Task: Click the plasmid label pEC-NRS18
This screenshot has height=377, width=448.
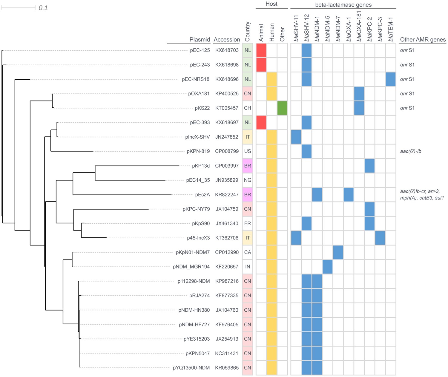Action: [x=196, y=79]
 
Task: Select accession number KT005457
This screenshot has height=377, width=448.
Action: [x=227, y=108]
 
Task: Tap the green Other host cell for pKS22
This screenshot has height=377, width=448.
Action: [x=282, y=108]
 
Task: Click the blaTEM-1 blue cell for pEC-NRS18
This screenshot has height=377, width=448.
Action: [x=391, y=79]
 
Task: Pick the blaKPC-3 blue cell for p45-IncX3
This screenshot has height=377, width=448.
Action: [x=380, y=238]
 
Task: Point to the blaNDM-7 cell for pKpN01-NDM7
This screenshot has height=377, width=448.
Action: [x=338, y=252]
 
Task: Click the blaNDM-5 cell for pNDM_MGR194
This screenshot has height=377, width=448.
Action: [x=328, y=267]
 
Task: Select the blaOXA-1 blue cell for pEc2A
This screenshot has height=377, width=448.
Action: [x=349, y=195]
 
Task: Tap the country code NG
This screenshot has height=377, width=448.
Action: [x=248, y=180]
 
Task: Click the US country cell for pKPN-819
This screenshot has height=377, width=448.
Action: [x=248, y=151]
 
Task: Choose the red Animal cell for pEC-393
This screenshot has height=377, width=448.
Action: [x=261, y=123]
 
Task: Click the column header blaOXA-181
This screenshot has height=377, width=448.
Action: [x=359, y=27]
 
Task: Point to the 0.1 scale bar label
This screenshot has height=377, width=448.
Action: [x=43, y=8]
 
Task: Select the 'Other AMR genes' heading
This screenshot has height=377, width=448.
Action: [x=423, y=40]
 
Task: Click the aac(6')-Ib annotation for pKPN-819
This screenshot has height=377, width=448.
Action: [x=411, y=151]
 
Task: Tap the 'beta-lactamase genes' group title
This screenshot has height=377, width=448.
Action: [x=343, y=5]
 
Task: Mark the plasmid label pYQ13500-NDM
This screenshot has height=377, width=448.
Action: [x=191, y=368]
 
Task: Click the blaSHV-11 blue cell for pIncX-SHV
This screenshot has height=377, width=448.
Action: [x=296, y=137]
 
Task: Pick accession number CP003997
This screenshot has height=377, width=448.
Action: [x=227, y=166]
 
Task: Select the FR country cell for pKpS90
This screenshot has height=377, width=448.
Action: [x=248, y=223]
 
